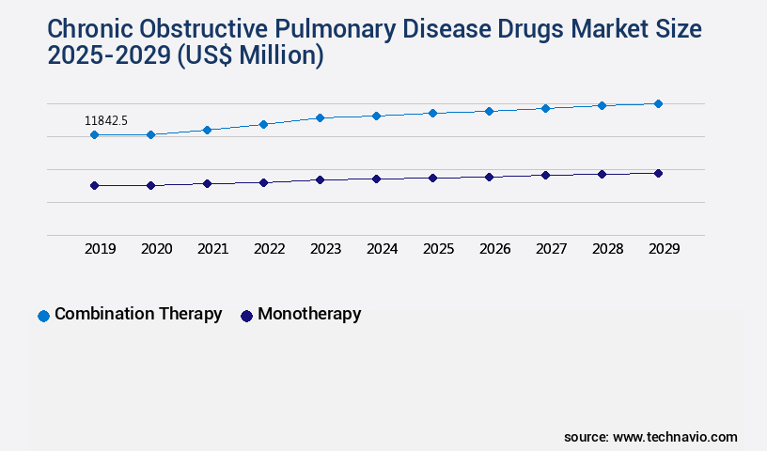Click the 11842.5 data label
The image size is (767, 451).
[x=106, y=120]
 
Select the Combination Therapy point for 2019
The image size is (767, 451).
[x=94, y=135]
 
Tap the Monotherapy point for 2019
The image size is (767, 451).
[x=94, y=186]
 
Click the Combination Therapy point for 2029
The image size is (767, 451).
[x=658, y=103]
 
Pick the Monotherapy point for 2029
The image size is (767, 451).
[x=658, y=173]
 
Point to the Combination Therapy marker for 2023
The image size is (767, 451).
[x=320, y=117]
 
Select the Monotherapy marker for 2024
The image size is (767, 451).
[x=376, y=179]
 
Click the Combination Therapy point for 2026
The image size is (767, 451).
[x=489, y=111]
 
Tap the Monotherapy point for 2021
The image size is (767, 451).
[x=207, y=183]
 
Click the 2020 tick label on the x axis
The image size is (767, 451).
[x=156, y=249]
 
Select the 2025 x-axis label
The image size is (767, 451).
[x=438, y=249]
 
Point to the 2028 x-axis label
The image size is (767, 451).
[x=607, y=249]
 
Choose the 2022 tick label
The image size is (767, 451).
[x=269, y=249]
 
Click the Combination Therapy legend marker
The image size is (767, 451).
[x=43, y=316]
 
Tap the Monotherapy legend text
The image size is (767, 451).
[x=309, y=315]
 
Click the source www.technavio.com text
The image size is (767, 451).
[x=650, y=437]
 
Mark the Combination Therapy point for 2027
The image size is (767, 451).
[x=545, y=108]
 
